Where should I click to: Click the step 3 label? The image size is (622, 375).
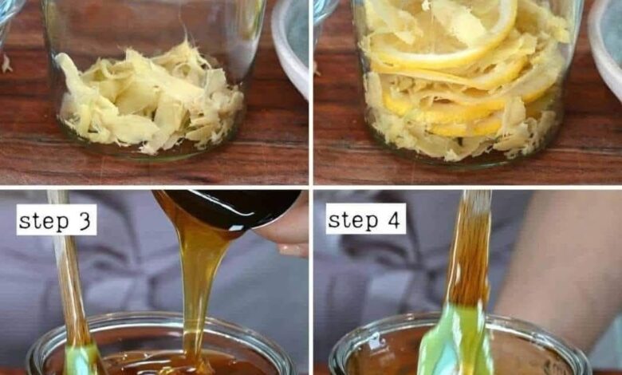pyautogui.click(x=57, y=220)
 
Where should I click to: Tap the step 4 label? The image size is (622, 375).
pyautogui.click(x=366, y=219)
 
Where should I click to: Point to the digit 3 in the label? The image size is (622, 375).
pyautogui.click(x=84, y=221)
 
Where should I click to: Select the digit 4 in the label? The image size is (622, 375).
pyautogui.click(x=393, y=220)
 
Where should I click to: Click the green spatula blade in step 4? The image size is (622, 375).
pyautogui.click(x=456, y=341)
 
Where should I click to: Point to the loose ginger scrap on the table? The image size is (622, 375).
pyautogui.click(x=6, y=64)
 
